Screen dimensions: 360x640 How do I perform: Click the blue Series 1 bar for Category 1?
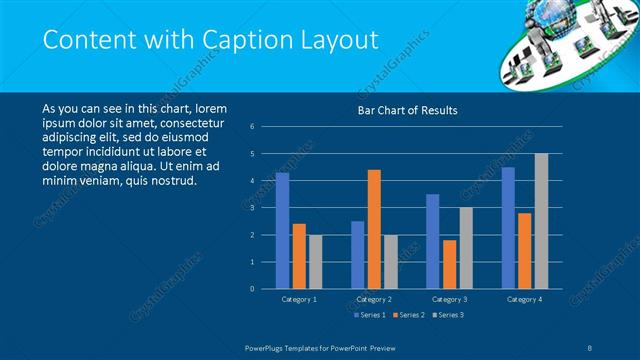282,231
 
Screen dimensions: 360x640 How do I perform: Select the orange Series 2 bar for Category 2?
374,229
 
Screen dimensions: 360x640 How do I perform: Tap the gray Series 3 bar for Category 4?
541,221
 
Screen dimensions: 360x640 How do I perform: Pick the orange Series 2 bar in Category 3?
449,264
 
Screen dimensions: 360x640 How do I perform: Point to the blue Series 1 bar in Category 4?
508,228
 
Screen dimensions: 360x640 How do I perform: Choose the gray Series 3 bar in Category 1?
316,262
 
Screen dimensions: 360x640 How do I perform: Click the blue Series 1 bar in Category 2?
357,255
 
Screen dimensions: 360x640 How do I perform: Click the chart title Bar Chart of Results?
407,111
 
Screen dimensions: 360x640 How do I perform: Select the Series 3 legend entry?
447,316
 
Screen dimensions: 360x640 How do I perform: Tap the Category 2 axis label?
374,299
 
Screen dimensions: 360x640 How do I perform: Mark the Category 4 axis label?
524,299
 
